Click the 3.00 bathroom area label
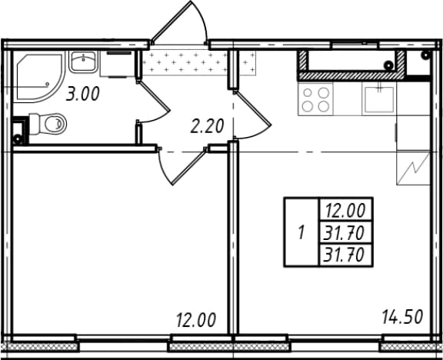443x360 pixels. (x=83, y=94)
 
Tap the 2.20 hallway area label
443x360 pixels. (x=207, y=126)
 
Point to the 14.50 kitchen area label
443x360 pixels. (x=402, y=317)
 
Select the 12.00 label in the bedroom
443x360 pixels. (x=196, y=320)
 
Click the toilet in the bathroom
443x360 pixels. (x=48, y=124)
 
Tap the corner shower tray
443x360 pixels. (x=39, y=77)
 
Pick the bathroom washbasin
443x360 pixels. (x=83, y=62)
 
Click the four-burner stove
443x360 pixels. (x=315, y=99)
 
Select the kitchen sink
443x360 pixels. (x=379, y=99)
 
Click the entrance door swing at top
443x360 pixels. (x=179, y=22)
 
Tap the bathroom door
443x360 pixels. (x=153, y=102)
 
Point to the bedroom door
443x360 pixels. (x=182, y=165)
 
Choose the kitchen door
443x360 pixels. (x=252, y=115)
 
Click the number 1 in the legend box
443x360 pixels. (x=301, y=233)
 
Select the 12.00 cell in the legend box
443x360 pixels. (x=345, y=211)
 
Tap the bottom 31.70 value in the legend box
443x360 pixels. (x=344, y=255)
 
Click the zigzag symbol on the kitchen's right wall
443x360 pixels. (x=413, y=168)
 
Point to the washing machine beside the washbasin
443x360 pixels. (x=117, y=64)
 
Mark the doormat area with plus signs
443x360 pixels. (x=198, y=62)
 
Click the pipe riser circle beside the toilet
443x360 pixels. (x=18, y=139)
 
